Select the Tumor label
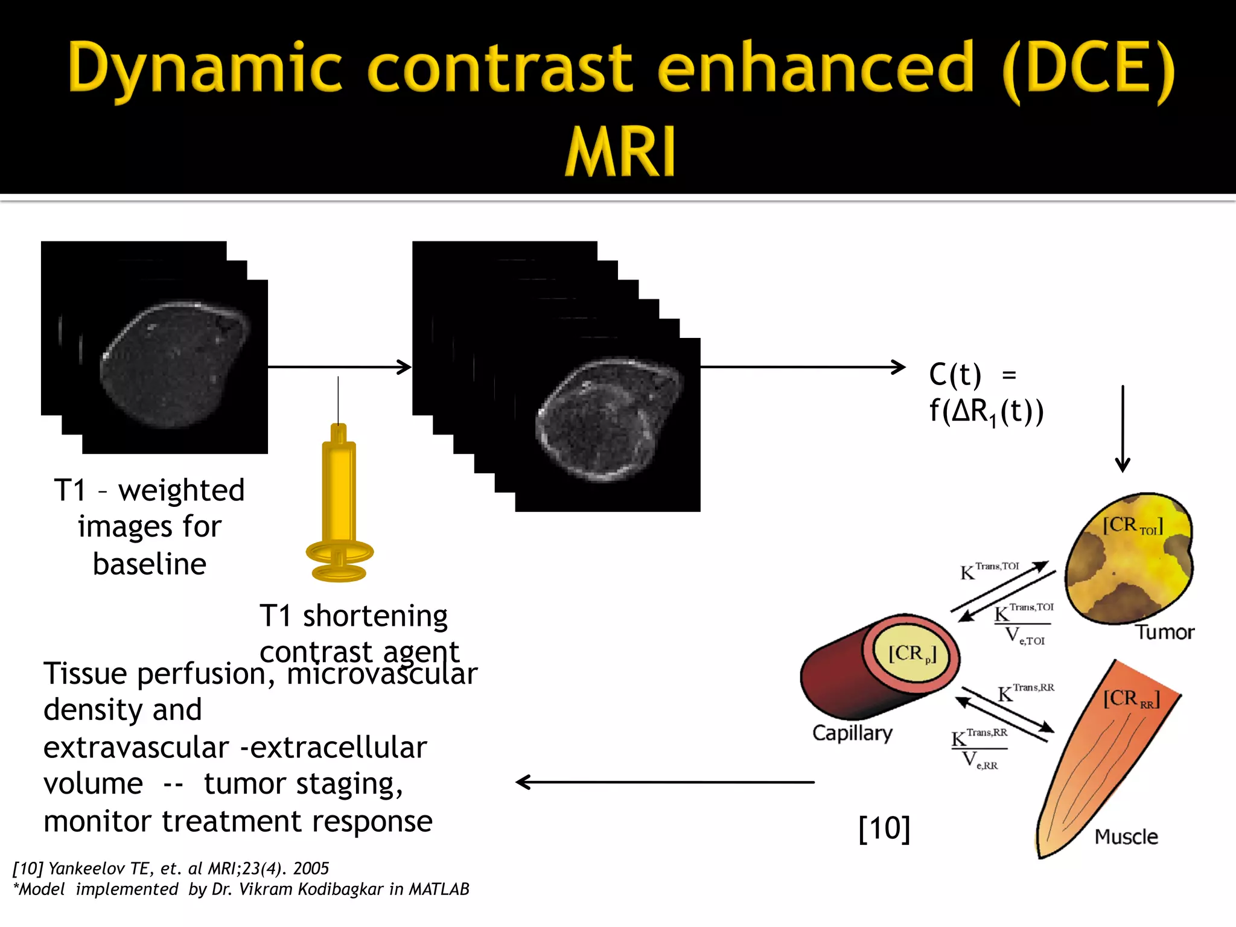pos(1165,632)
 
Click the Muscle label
pos(1126,836)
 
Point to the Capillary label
pos(852,733)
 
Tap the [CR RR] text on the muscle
pos(1131,699)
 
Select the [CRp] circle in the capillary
pos(912,654)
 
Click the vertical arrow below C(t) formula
pos(1123,428)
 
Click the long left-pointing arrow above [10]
pos(664,782)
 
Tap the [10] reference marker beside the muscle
pos(884,828)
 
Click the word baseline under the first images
pos(150,564)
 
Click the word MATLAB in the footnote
pos(439,889)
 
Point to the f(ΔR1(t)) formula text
pos(986,412)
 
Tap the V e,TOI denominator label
pos(1024,636)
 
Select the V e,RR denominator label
pos(980,760)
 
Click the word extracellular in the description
pos(339,747)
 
